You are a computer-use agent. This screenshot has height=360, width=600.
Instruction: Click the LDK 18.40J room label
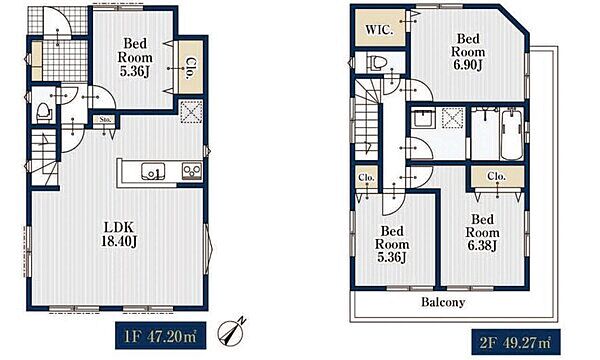tap(119, 234)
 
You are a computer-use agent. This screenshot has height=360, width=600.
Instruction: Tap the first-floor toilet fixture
tap(43, 112)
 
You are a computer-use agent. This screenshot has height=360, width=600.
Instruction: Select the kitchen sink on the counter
tap(153, 171)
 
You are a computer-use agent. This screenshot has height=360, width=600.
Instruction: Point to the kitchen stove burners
tap(192, 170)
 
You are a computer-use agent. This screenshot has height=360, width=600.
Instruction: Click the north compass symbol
tap(232, 331)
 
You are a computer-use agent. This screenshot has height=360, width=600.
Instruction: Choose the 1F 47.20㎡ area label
tap(160, 336)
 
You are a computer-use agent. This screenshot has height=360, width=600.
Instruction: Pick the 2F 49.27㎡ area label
tap(516, 342)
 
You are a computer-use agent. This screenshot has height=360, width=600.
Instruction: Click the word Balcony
tap(443, 302)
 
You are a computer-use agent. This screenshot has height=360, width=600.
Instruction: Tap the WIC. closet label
tap(379, 30)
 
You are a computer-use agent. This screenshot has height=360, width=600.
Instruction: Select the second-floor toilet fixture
tap(376, 62)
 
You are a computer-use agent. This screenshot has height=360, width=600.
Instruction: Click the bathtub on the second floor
tap(511, 135)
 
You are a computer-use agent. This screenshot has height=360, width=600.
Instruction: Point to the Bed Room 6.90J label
tap(468, 52)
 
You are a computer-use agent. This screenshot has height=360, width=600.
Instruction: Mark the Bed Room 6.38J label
tap(483, 232)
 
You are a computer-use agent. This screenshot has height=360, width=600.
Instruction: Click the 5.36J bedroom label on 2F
tap(392, 244)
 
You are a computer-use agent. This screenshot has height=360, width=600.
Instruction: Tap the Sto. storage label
tap(105, 120)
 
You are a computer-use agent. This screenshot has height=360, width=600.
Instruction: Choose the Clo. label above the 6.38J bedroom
tap(497, 176)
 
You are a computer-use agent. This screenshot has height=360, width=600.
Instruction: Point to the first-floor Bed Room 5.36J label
tap(135, 57)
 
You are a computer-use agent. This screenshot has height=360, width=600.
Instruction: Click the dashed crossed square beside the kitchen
tap(191, 111)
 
